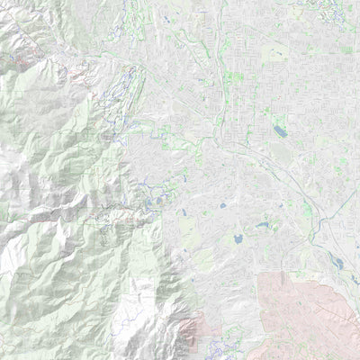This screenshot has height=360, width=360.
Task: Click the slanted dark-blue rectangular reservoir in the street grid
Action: (280, 131)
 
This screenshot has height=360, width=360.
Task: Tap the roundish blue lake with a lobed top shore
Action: (238, 240)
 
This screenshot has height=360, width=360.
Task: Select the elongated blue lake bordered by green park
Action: (263, 226)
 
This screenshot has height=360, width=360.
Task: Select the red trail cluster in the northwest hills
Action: (20, 60)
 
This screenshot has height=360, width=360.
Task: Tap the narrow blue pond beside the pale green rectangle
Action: (183, 213)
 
